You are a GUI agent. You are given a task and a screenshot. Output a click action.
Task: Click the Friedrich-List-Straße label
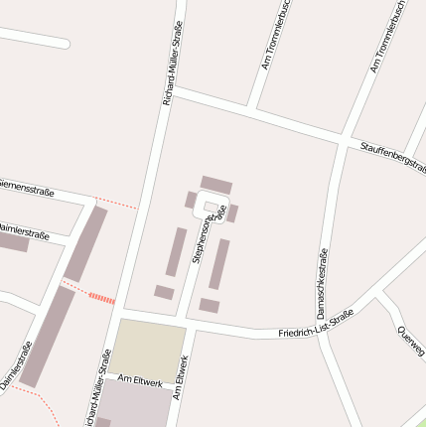point(316,325)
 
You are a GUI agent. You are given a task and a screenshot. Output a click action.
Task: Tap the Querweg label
point(409,340)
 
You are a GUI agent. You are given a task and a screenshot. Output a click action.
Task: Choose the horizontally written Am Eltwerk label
point(139,380)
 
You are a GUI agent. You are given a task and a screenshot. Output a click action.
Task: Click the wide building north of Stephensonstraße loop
point(215,185)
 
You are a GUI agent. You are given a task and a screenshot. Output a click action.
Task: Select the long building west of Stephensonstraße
point(175,251)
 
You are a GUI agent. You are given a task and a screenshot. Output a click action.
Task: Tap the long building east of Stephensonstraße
point(218,263)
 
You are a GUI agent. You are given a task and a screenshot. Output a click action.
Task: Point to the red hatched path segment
point(101,297)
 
